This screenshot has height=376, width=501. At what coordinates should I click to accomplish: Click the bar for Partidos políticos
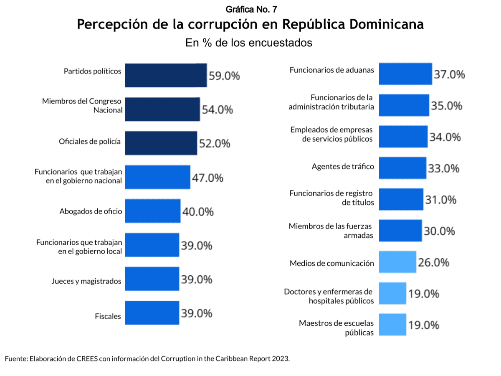[x=166, y=75]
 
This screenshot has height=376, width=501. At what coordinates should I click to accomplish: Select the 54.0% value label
[x=217, y=109]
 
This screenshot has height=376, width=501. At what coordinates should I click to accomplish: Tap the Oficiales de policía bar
[x=161, y=143]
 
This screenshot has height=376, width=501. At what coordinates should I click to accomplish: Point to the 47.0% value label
[x=207, y=178]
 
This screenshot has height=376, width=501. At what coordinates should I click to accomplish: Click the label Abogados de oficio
[x=91, y=211]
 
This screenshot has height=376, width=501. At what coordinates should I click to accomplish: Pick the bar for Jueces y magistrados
[x=152, y=279]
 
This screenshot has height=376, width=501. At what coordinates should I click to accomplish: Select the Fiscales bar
[x=152, y=312]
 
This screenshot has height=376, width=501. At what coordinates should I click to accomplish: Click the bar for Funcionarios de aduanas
[x=405, y=74]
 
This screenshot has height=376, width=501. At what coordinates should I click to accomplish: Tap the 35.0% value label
[x=447, y=106]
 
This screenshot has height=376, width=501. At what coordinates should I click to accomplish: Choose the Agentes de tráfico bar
[x=402, y=168]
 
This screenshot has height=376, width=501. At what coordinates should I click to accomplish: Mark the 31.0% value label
[x=441, y=200]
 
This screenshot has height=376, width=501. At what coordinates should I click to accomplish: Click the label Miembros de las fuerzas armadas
[x=331, y=231]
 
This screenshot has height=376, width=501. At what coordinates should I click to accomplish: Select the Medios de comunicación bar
[x=397, y=262]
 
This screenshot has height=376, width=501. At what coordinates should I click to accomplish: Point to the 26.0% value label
[x=433, y=262]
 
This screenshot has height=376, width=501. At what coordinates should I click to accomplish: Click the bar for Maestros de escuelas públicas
[x=392, y=325]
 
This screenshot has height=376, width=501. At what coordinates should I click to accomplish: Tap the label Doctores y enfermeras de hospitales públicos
[x=329, y=296]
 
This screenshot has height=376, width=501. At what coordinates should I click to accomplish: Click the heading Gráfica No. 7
[x=250, y=9]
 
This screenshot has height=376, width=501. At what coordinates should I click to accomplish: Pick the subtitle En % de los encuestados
[x=249, y=43]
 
